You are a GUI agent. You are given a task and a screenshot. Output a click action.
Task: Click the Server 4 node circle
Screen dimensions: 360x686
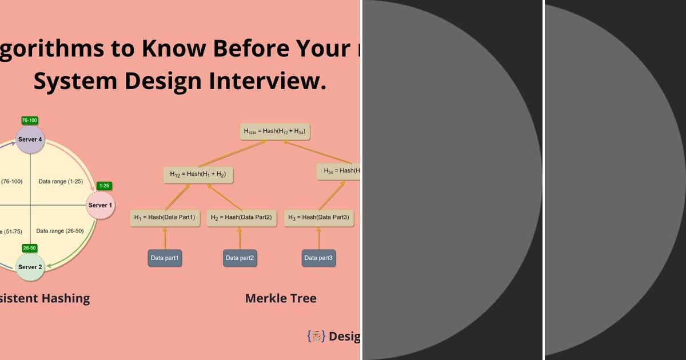tap(30, 139)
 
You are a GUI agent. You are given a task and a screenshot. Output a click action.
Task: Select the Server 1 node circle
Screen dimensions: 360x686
tap(101, 205)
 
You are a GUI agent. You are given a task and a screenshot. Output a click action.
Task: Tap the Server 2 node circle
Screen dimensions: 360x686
tap(30, 267)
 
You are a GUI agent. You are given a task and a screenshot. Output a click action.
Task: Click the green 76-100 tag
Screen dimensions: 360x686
tap(30, 121)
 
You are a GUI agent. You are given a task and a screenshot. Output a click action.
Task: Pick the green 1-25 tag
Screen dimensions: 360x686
tap(104, 186)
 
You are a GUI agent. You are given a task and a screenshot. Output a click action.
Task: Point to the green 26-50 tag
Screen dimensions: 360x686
tap(30, 248)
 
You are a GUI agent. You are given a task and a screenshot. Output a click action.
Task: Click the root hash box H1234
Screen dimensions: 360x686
tap(274, 131)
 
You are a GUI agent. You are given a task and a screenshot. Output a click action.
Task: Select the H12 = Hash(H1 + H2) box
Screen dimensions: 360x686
tap(198, 175)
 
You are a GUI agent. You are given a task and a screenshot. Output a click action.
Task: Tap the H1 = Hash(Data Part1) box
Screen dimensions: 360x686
tap(165, 218)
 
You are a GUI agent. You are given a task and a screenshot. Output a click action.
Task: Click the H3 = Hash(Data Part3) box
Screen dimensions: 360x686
tap(318, 218)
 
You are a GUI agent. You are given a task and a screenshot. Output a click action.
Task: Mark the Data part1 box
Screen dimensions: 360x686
tap(165, 258)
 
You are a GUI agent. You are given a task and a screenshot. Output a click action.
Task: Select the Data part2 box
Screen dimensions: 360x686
tap(240, 258)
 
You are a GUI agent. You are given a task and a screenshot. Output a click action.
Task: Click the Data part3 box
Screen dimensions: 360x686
tap(318, 258)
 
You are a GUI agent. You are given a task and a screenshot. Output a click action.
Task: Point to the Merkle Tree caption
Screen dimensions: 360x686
tap(281, 298)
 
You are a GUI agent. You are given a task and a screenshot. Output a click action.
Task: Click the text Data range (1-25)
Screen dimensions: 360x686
tap(61, 181)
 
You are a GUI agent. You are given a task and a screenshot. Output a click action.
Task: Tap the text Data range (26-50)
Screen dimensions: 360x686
tap(59, 231)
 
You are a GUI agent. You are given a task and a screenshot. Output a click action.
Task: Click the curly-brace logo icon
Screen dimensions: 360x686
tap(316, 336)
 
